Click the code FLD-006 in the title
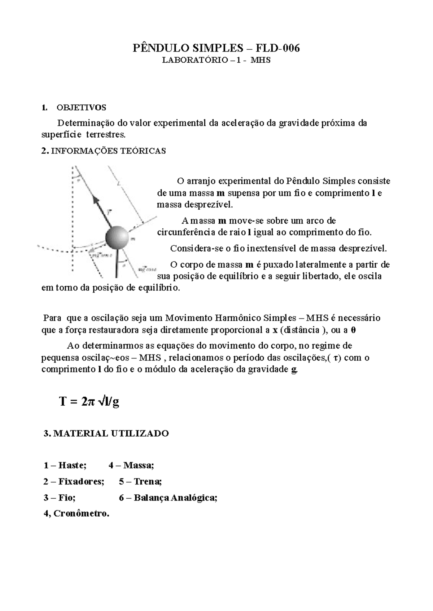(x=278, y=48)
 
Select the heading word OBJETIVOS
(x=81, y=108)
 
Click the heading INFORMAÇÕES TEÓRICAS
(x=109, y=151)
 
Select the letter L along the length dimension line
(x=119, y=183)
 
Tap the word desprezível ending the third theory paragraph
(x=363, y=249)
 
